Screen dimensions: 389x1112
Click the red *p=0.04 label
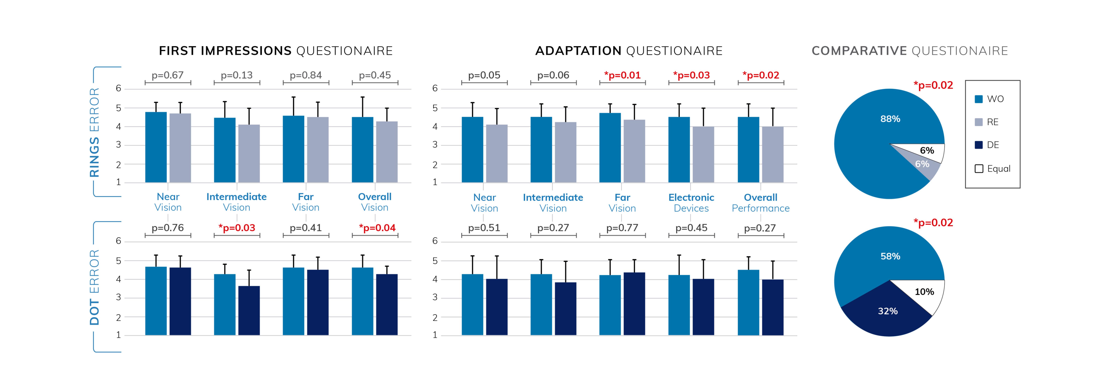point(377,228)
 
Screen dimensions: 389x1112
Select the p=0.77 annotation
point(622,228)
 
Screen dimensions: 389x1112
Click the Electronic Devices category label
point(691,203)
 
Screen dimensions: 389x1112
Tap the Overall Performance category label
point(761,203)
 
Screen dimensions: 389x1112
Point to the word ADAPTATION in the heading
point(578,51)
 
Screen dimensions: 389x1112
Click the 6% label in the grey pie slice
point(922,164)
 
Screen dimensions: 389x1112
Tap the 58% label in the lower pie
point(890,256)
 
